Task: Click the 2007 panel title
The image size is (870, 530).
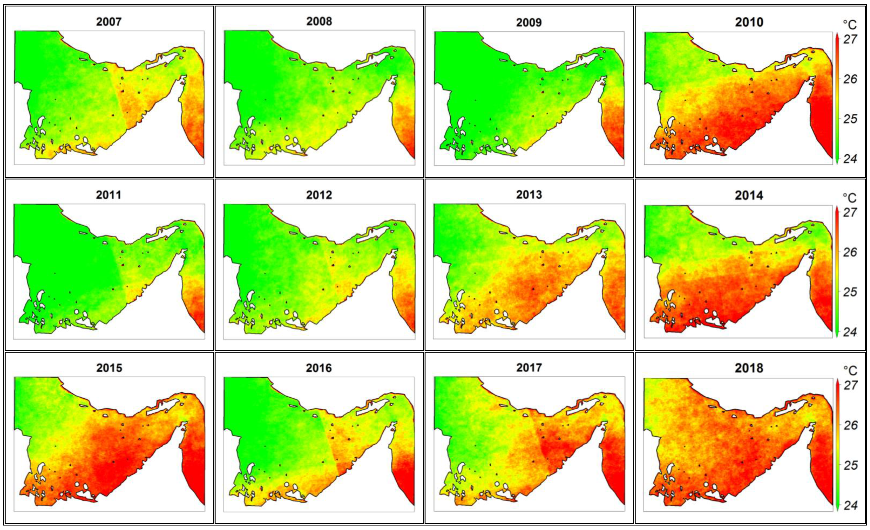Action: [109, 22]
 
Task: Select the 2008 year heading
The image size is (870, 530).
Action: [319, 22]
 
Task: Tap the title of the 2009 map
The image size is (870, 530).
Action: [529, 23]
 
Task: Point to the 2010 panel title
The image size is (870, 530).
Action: [749, 22]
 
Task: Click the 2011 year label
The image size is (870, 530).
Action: [108, 195]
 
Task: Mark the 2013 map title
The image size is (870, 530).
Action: [529, 195]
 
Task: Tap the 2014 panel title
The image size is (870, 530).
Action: [749, 196]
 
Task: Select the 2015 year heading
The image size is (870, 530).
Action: [109, 368]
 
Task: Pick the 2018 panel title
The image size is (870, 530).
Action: [749, 368]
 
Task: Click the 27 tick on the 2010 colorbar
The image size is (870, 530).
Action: [850, 39]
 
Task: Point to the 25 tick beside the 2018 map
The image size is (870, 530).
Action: [850, 465]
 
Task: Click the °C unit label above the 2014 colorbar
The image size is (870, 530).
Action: [850, 198]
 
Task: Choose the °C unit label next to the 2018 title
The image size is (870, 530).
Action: [850, 370]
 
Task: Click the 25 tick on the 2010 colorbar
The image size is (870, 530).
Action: [850, 119]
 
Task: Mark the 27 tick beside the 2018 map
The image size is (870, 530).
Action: [850, 385]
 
